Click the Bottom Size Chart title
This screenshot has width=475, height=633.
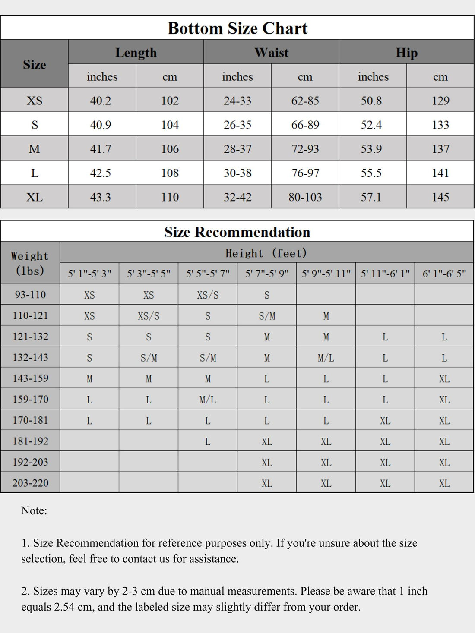coord(237,28)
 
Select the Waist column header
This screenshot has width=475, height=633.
coord(271,53)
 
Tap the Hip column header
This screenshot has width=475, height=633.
coord(406,53)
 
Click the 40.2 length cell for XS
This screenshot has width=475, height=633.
coord(101,101)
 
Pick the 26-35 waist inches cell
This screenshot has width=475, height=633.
coord(237,125)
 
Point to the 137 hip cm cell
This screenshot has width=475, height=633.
coord(440,149)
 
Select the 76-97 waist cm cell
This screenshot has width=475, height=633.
coord(305,173)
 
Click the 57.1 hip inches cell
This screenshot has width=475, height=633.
coord(371,198)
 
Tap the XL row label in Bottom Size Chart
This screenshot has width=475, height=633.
coord(35,198)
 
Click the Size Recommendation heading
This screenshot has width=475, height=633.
coord(237,232)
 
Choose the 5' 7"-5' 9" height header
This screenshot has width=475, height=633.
coord(267,274)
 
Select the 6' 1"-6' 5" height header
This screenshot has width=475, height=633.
coord(444,274)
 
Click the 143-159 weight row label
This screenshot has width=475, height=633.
coord(30,378)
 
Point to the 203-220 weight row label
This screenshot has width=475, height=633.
coord(30,483)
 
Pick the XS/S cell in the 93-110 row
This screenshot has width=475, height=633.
coord(208,295)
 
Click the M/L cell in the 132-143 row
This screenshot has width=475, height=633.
coord(326,358)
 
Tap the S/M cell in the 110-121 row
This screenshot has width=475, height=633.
coord(267,316)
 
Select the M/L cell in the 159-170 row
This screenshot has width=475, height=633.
coord(208,400)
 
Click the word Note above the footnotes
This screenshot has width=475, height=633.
coord(34,511)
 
